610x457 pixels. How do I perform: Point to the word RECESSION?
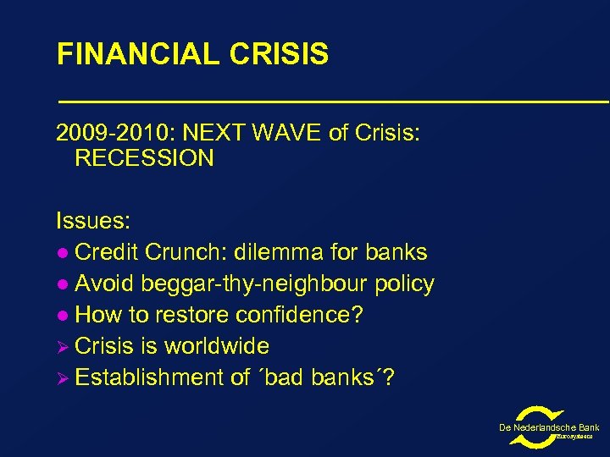144,158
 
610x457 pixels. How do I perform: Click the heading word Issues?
93,222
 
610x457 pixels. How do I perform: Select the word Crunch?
180,252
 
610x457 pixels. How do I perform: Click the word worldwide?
217,346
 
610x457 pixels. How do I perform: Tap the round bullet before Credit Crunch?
62,253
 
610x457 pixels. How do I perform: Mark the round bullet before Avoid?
62,284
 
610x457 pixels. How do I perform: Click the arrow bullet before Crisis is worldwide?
63,346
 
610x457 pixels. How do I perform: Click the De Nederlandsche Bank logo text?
549,427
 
